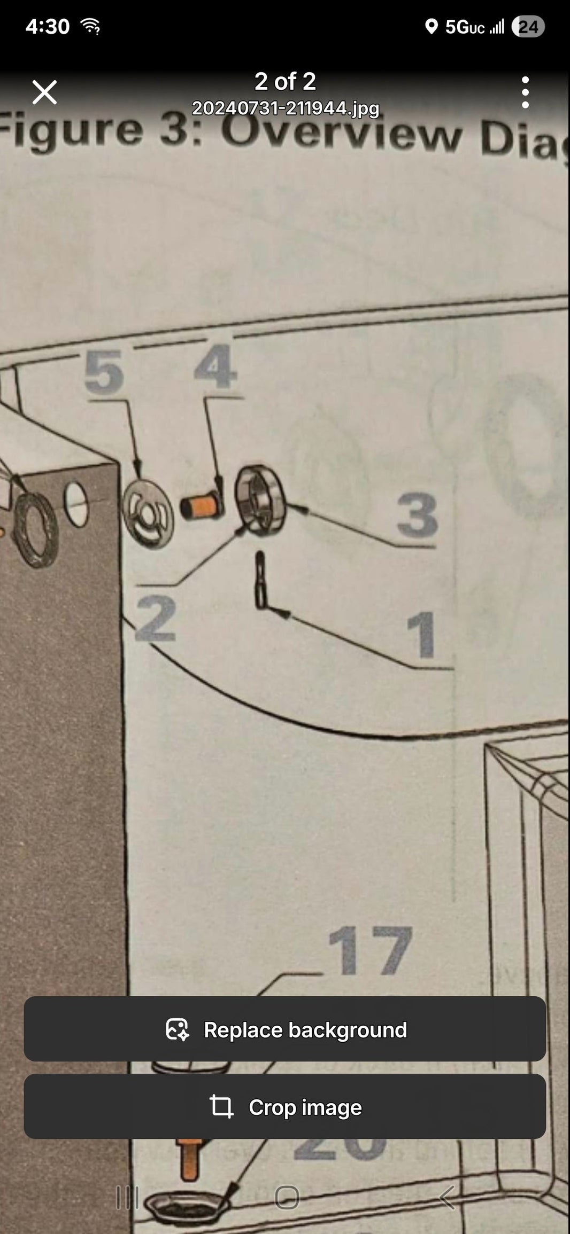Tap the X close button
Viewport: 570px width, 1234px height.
click(x=44, y=92)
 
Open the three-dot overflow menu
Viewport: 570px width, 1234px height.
click(x=525, y=92)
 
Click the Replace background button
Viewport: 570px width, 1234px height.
click(x=285, y=1030)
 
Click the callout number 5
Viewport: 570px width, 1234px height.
click(x=104, y=372)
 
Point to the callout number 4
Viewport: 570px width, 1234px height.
click(x=215, y=366)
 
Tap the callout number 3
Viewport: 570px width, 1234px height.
click(x=417, y=515)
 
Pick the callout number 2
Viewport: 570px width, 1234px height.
click(x=156, y=619)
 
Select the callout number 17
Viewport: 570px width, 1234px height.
click(x=370, y=951)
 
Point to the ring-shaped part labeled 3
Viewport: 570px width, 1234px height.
click(x=260, y=500)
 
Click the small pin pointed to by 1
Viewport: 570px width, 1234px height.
click(x=260, y=580)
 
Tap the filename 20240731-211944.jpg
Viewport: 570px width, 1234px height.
click(x=285, y=108)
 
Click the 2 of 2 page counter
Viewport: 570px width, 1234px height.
click(x=285, y=82)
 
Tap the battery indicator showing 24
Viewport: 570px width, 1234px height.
click(x=528, y=27)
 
